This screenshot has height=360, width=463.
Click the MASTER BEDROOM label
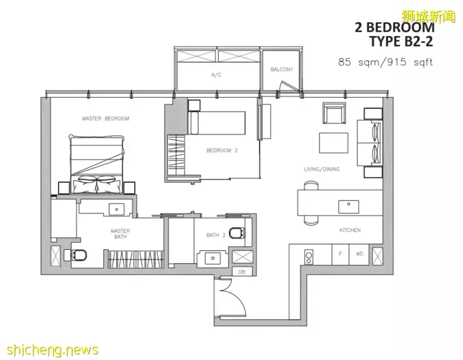point(105,119)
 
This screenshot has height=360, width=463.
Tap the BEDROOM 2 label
point(222,151)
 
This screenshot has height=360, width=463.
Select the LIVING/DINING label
point(322,169)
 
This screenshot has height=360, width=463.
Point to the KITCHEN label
point(350,230)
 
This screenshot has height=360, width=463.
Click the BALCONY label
point(282,69)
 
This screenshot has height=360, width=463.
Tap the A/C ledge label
point(217,75)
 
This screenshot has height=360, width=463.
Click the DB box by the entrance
point(242,272)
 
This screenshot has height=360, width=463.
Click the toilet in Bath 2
point(237,233)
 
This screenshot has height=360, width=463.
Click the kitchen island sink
point(349,207)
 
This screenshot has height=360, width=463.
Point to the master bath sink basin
point(117,209)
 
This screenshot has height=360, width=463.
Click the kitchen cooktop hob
point(309,257)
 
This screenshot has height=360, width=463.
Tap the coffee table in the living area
point(333,143)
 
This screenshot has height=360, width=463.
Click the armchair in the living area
point(334,113)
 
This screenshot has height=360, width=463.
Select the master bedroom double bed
point(97,165)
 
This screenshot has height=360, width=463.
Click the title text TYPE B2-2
point(401,41)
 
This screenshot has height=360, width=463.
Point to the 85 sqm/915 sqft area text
point(385,62)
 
